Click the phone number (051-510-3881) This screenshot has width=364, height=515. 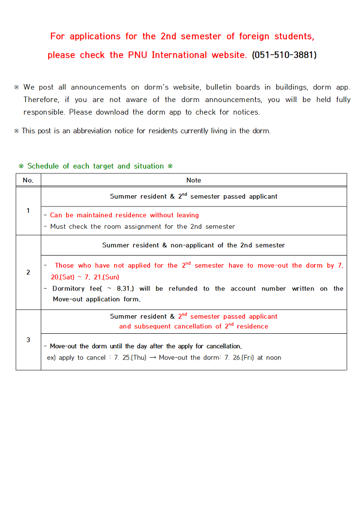click(x=284, y=55)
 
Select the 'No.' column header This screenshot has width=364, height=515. click(x=28, y=180)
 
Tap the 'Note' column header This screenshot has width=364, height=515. click(x=194, y=180)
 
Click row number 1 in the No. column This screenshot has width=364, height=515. click(x=28, y=211)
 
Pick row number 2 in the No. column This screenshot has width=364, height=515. click(x=28, y=273)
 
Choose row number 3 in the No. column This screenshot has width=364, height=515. click(x=28, y=340)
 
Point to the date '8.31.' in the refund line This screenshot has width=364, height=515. click(x=125, y=289)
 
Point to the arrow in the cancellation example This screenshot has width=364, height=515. click(x=152, y=358)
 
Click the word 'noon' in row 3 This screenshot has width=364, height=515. click(x=273, y=358)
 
